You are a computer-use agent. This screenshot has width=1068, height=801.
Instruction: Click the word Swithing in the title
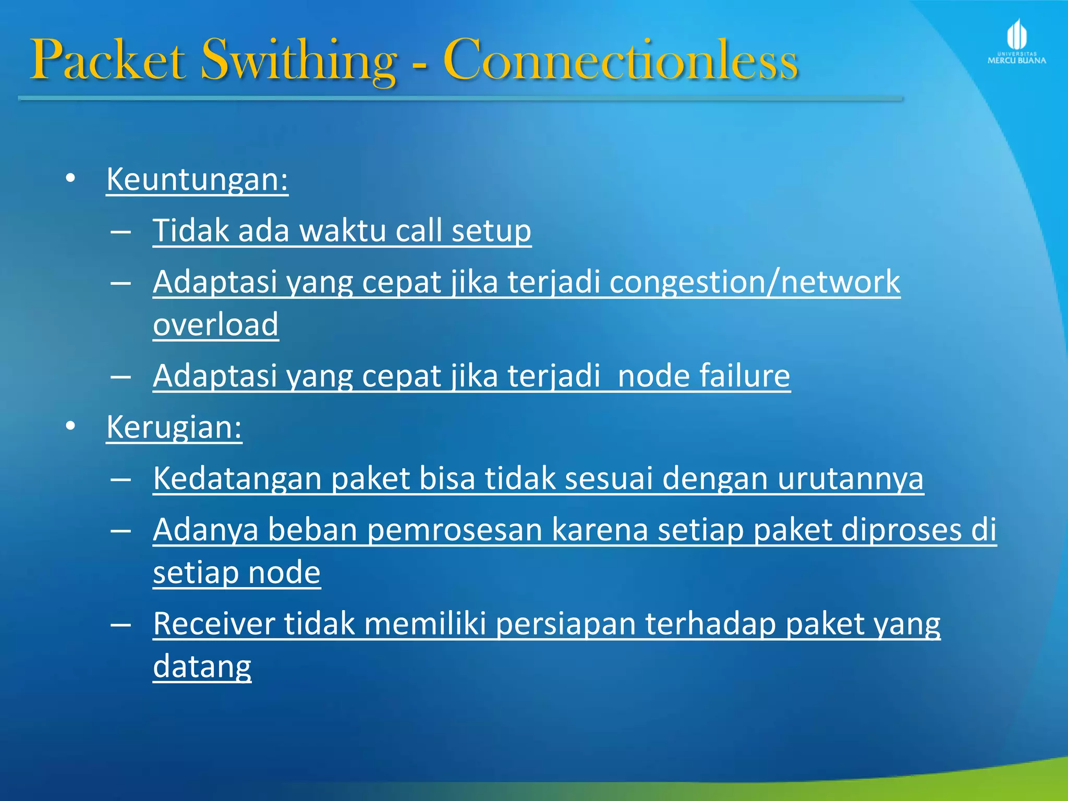298,60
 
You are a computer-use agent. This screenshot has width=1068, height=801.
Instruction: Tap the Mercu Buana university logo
1016,42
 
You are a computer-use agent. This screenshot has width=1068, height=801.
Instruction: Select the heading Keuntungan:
197,179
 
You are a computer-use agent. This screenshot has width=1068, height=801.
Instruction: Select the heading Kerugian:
174,427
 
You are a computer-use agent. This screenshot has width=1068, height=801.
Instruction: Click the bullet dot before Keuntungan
71,179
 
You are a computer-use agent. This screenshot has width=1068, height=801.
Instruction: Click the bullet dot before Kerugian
71,427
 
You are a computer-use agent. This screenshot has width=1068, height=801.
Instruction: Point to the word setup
491,230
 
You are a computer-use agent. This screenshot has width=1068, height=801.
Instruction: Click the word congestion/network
754,282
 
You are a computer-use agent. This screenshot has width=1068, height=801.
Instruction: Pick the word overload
215,324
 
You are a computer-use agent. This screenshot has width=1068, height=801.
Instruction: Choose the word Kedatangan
237,478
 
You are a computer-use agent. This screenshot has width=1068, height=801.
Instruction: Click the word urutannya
850,478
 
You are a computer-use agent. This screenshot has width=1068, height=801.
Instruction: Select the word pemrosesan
455,530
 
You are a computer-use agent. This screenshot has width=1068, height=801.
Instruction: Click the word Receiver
213,624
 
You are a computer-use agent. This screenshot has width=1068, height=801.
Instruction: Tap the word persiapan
565,624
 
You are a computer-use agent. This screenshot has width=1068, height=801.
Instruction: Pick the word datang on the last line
202,666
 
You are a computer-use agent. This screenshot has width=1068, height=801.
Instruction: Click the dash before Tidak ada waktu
120,231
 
